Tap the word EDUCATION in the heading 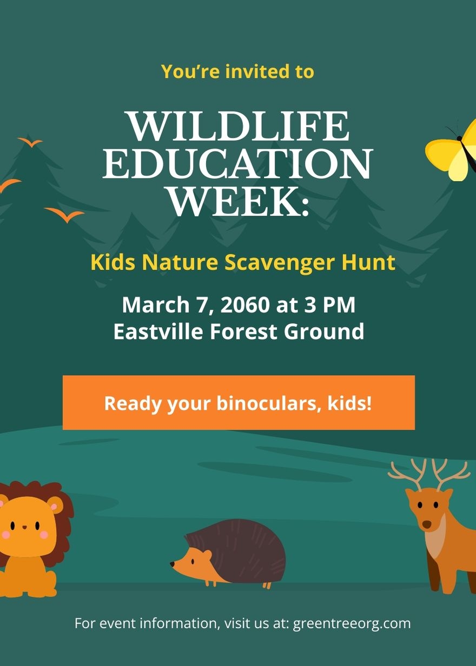237,163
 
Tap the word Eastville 158,331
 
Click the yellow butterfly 451,150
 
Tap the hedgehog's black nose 172,563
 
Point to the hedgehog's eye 193,561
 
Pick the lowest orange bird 64,215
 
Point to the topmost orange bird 30,142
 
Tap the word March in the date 156,305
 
